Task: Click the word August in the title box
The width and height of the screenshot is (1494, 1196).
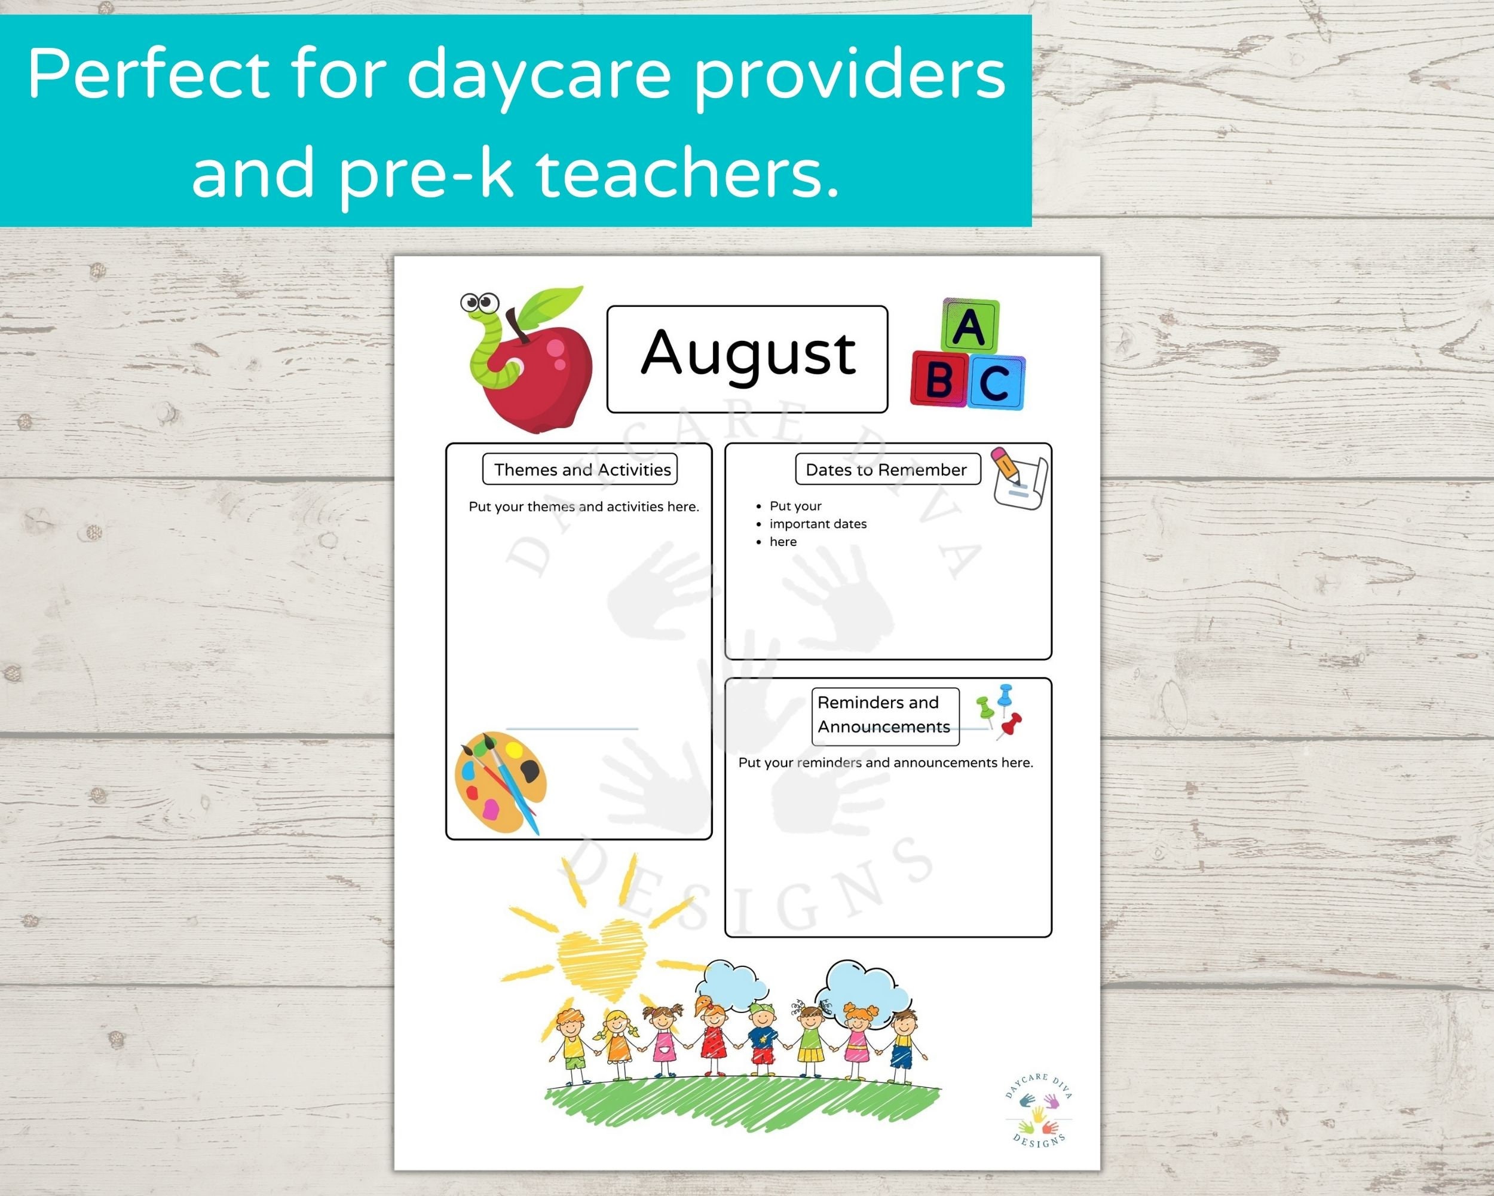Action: [x=748, y=354]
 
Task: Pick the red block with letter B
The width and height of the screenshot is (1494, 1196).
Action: [x=938, y=379]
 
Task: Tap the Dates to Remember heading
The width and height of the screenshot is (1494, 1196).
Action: [x=886, y=470]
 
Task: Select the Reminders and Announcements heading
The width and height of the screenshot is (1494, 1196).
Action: [x=884, y=715]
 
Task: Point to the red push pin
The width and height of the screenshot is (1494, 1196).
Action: [x=1012, y=723]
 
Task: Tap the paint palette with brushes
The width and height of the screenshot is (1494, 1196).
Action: [x=499, y=782]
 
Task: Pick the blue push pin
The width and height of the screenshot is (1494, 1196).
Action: [x=1004, y=695]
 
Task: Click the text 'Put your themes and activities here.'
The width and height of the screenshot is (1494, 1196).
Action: [x=583, y=507]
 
